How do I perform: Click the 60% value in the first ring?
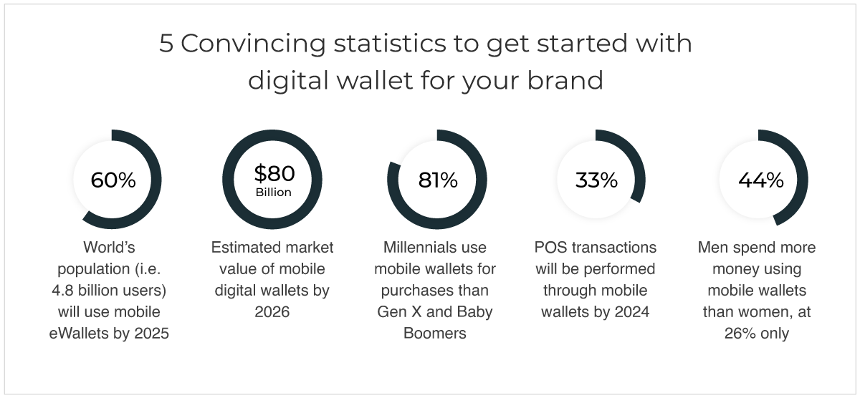[113, 180]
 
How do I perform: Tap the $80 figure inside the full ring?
[274, 173]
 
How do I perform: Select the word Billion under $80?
[273, 192]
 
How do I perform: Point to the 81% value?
[438, 180]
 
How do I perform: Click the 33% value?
[596, 180]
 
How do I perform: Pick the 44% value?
[761, 180]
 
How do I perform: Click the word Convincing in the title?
[253, 44]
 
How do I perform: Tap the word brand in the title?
[565, 80]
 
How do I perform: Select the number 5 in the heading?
[166, 43]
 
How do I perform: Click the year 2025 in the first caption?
[151, 333]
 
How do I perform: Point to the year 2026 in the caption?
[272, 311]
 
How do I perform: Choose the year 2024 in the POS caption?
[631, 311]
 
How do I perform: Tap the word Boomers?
[434, 333]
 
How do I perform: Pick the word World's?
[109, 247]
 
